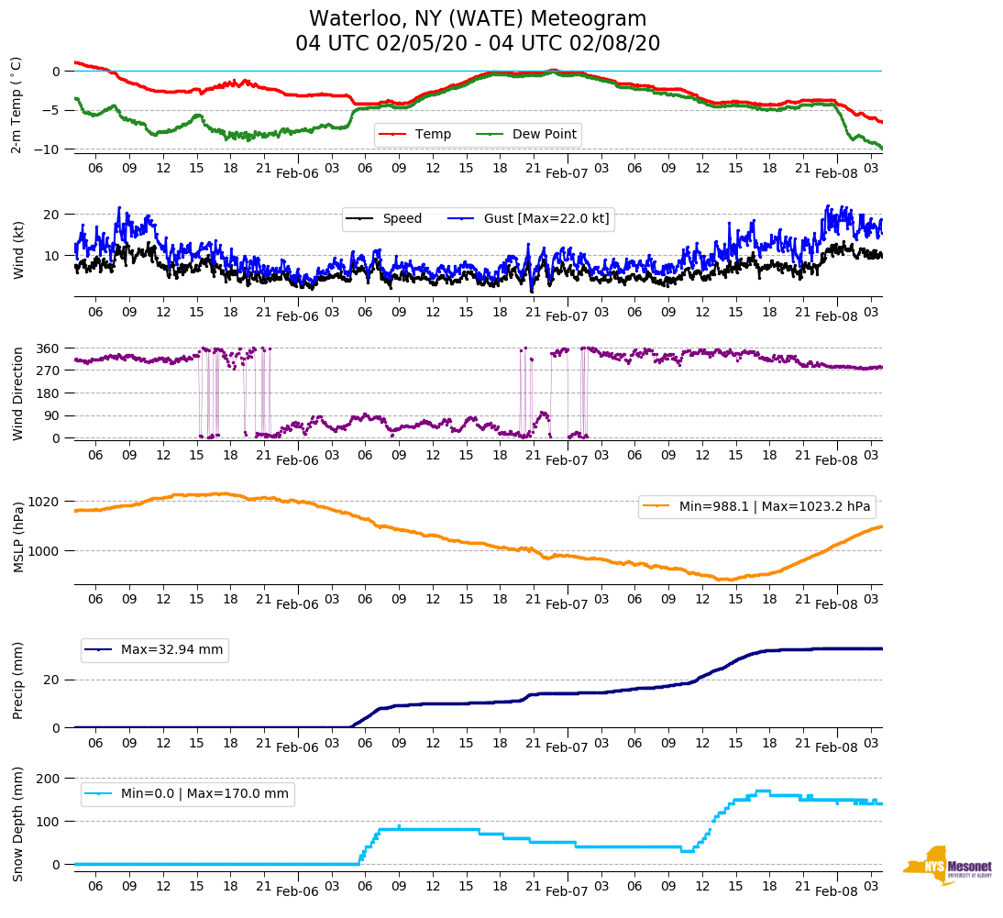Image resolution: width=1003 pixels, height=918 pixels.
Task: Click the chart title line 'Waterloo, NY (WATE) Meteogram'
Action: coord(478,19)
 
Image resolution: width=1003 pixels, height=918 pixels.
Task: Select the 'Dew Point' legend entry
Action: coord(544,135)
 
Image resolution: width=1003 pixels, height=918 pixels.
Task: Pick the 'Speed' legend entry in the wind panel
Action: coord(402,218)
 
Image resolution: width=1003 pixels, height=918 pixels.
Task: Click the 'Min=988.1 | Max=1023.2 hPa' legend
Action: coord(774,506)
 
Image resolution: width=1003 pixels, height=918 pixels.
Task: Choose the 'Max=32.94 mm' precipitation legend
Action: coord(171,650)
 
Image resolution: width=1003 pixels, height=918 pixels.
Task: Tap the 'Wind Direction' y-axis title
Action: coord(17,393)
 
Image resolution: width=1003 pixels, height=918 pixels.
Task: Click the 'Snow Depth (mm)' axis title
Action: coord(17,823)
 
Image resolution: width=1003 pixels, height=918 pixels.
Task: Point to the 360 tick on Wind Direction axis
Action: coord(50,348)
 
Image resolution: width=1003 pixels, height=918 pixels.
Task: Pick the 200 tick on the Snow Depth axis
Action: coord(50,779)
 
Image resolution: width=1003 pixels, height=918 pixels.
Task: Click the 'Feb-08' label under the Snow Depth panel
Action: coord(836,891)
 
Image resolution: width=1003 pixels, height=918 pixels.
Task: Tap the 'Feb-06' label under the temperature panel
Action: coord(297,172)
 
